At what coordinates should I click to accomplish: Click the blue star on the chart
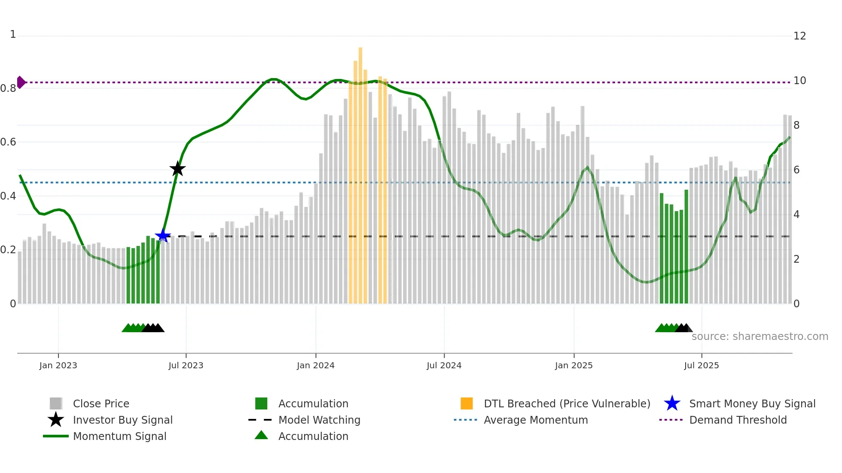pyautogui.click(x=163, y=236)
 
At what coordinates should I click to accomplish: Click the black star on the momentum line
pyautogui.click(x=177, y=169)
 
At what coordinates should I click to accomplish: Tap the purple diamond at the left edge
pyautogui.click(x=21, y=82)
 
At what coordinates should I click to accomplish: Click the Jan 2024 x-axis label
pyautogui.click(x=315, y=365)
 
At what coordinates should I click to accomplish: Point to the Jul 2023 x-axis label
pyautogui.click(x=186, y=365)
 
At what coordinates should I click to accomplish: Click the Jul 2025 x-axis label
pyautogui.click(x=701, y=365)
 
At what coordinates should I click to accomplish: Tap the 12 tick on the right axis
pyautogui.click(x=799, y=36)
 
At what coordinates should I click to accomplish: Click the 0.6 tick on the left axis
pyautogui.click(x=8, y=142)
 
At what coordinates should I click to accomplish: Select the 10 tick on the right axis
pyautogui.click(x=799, y=81)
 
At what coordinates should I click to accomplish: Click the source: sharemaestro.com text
pyautogui.click(x=760, y=337)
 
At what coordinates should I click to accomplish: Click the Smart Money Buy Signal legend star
pyautogui.click(x=672, y=403)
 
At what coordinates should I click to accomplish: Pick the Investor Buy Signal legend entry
pyautogui.click(x=122, y=420)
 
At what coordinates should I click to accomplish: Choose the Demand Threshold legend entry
pyautogui.click(x=738, y=420)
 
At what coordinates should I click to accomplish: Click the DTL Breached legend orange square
pyautogui.click(x=467, y=403)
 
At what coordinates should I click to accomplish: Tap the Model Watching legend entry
pyautogui.click(x=319, y=420)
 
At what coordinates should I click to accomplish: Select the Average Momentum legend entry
pyautogui.click(x=535, y=420)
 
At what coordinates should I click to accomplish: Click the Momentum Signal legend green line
pyautogui.click(x=56, y=436)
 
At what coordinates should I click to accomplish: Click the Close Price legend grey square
pyautogui.click(x=56, y=403)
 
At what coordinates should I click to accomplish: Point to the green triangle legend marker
pyautogui.click(x=261, y=435)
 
